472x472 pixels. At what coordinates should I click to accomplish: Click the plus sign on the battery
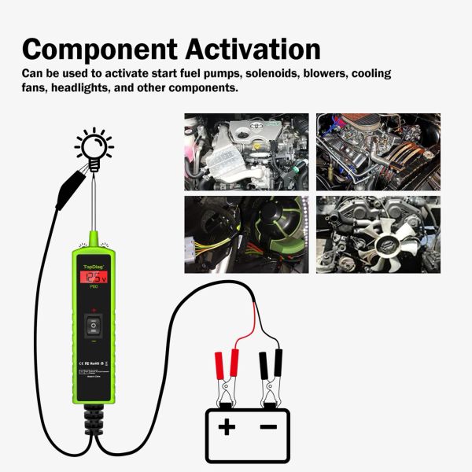(x=227, y=427)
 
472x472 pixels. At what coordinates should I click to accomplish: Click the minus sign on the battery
(x=268, y=427)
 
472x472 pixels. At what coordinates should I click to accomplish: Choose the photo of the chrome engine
(x=378, y=151)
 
